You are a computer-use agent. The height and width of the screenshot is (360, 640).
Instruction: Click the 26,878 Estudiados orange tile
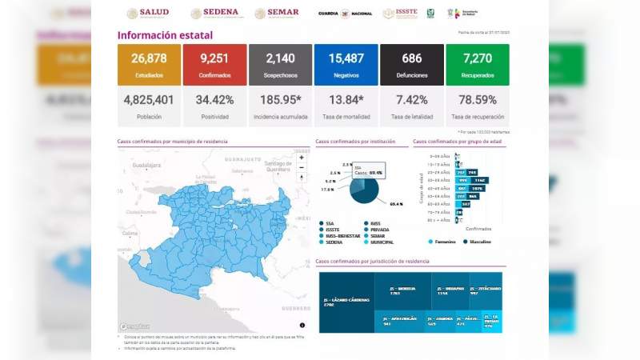point(149,64)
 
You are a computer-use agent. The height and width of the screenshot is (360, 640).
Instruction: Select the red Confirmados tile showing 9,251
point(214,64)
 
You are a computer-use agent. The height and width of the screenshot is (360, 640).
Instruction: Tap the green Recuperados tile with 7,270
point(478,64)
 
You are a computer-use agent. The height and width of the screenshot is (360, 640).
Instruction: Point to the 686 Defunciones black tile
point(412,64)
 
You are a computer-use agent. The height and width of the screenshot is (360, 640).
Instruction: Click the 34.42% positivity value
point(214,100)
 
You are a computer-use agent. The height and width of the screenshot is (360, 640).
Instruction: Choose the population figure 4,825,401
point(149,100)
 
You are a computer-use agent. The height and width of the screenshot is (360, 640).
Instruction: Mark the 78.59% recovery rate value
point(478,100)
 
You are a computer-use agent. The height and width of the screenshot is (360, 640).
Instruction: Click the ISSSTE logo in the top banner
point(399,14)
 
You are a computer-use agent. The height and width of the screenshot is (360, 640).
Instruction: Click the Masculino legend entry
point(478,242)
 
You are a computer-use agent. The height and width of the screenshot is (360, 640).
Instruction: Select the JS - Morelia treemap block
point(404,290)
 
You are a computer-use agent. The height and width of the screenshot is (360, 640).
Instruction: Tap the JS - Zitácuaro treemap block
point(485,290)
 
